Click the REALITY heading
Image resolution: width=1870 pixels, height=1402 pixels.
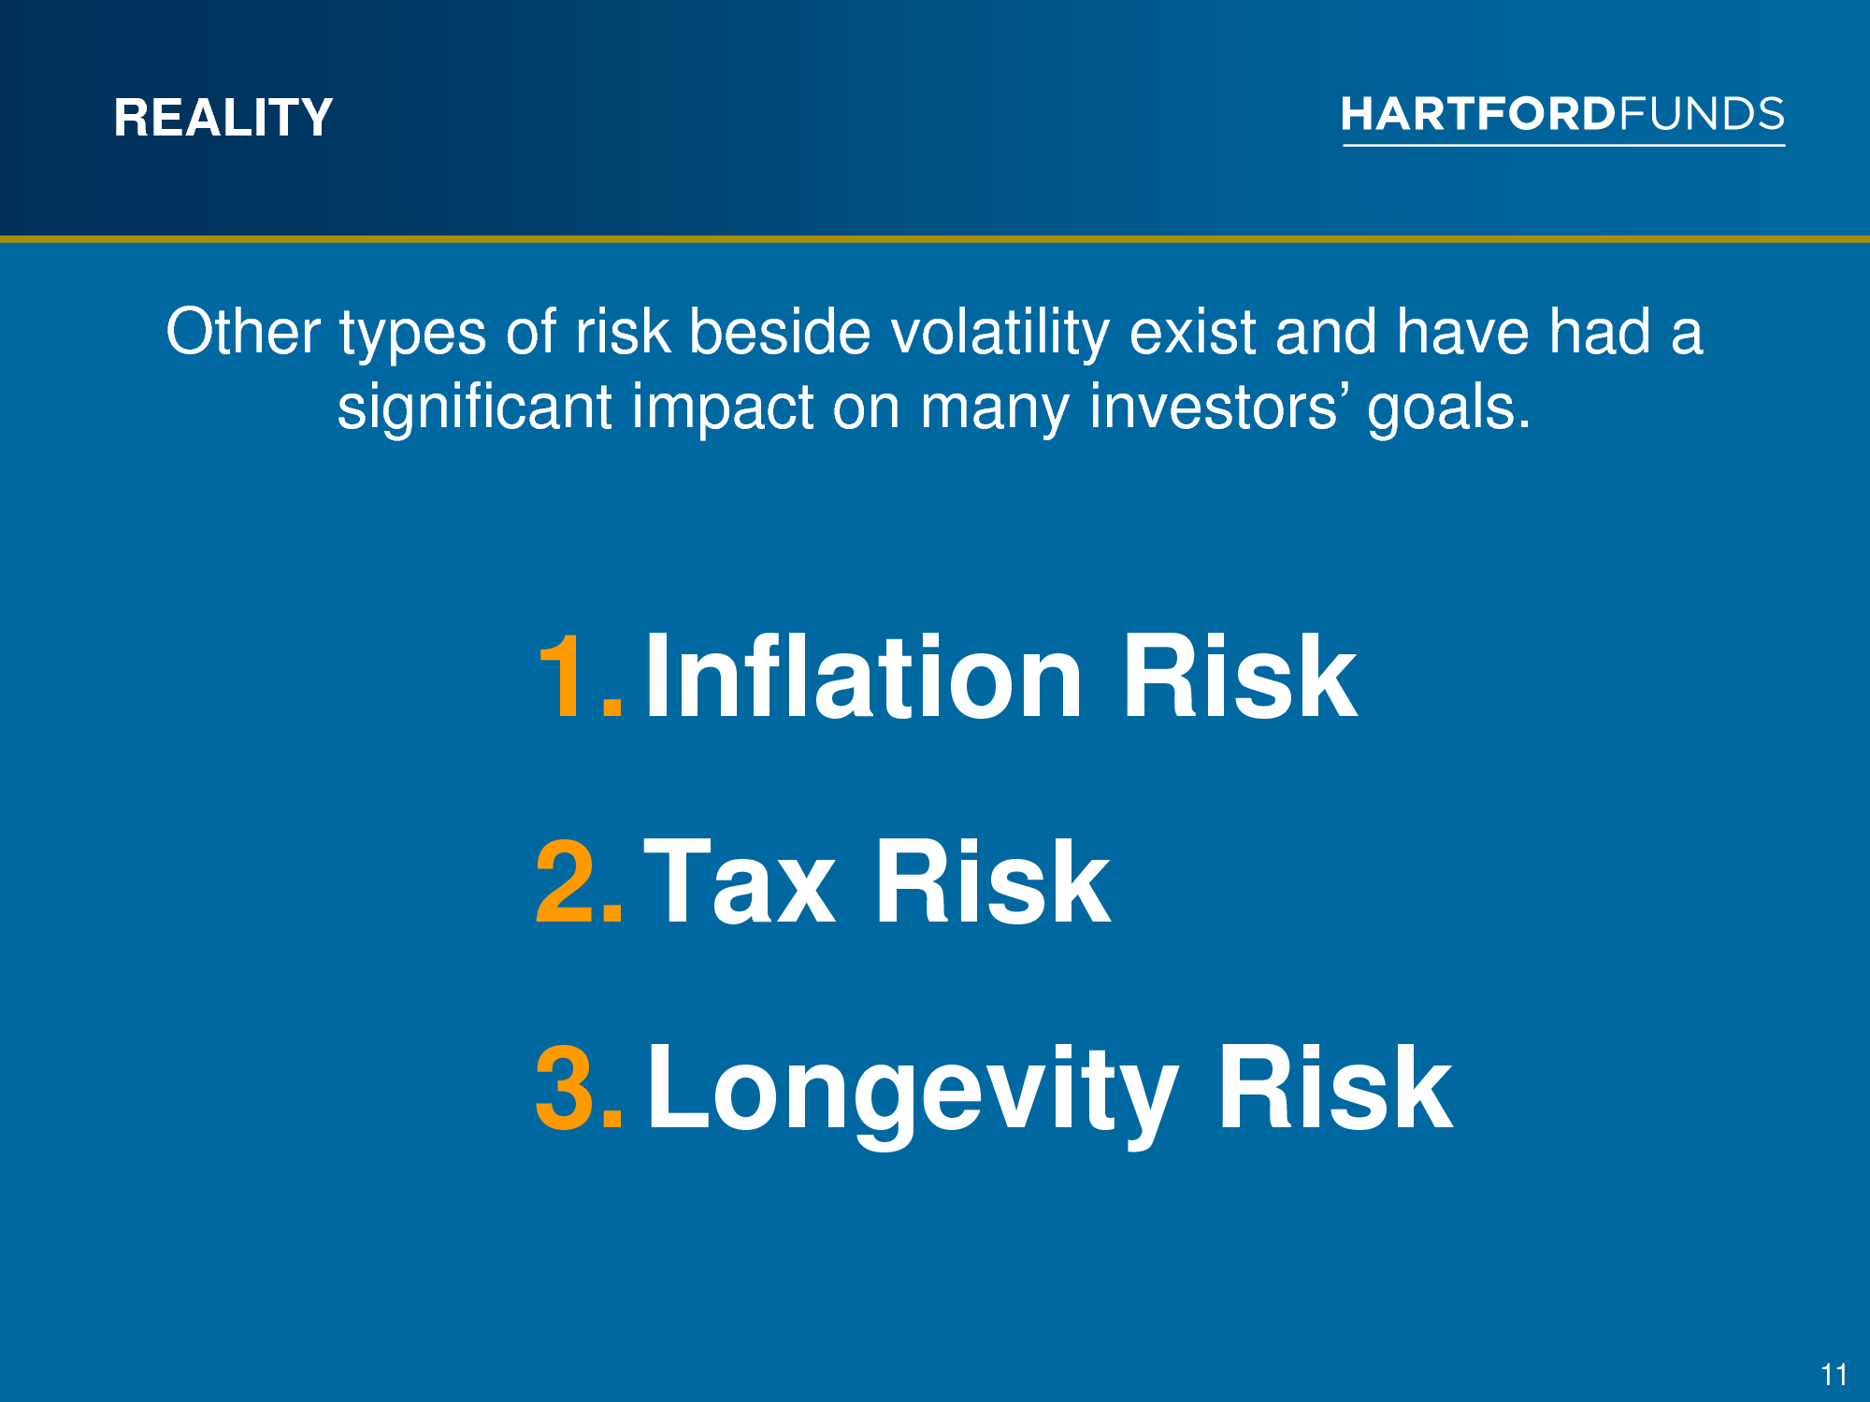coord(223,118)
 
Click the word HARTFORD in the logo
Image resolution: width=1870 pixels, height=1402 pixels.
coord(1478,114)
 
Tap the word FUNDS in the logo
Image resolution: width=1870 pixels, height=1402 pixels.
coord(1702,114)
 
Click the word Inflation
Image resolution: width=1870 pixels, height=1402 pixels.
coord(863,674)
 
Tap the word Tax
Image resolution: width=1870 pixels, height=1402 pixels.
coord(739,881)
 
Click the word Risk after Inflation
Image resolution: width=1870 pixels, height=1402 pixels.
coord(1239,674)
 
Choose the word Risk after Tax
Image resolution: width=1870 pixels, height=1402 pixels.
coord(992,880)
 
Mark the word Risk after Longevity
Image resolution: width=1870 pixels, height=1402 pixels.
coord(1335,1086)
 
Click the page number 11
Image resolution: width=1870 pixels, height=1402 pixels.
coord(1834,1375)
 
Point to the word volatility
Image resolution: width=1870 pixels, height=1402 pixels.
coord(1000,334)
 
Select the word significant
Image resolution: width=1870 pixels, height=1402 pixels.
coord(475,408)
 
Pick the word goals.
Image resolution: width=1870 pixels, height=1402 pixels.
coord(1449,408)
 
